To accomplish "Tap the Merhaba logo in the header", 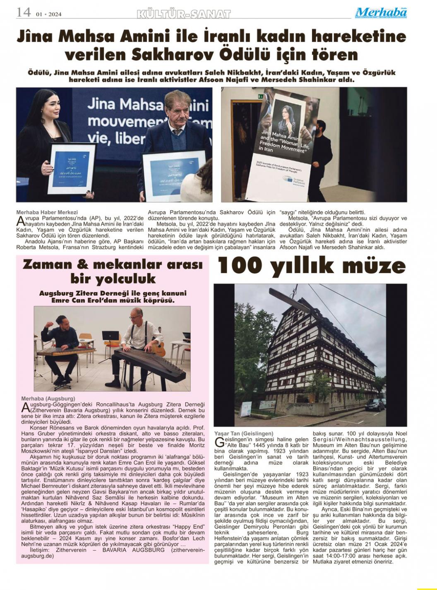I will tap(381, 12).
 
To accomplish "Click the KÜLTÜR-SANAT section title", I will tap(183, 14).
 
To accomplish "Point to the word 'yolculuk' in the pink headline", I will tap(113, 278).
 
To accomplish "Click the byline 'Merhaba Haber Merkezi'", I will tap(47, 212).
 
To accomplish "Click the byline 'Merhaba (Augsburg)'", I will tap(45, 398).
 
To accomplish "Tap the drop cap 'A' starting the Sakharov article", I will tap(20, 221).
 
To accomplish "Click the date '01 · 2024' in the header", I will tap(48, 14).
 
